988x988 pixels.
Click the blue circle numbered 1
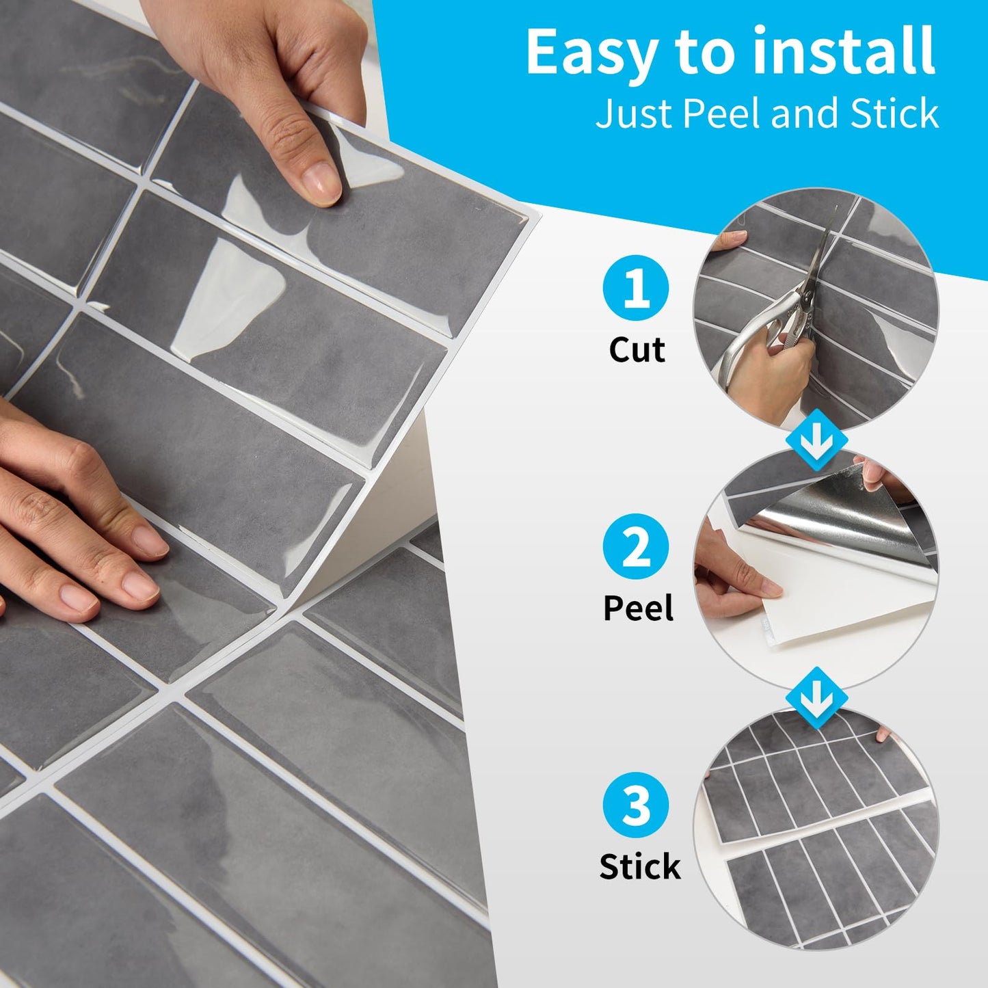tap(636, 288)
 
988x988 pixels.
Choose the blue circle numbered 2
tap(636, 546)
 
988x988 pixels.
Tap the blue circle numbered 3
tap(636, 805)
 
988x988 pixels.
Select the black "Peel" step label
tap(639, 608)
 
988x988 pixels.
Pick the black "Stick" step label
tap(640, 866)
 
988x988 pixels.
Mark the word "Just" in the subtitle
tap(636, 114)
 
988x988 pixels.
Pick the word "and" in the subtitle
tap(803, 113)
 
